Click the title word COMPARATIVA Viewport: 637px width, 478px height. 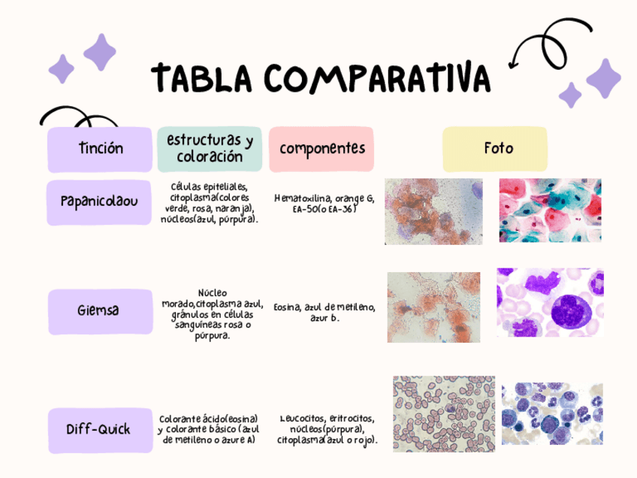coord(377,77)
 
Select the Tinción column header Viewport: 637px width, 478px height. coord(100,149)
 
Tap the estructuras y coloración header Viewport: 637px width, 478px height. coord(210,149)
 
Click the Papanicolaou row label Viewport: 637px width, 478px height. coord(99,201)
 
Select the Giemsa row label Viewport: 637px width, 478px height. coord(99,310)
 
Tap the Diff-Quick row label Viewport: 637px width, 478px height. coord(99,429)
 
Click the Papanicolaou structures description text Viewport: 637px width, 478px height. coord(210,202)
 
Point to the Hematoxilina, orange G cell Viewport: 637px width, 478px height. coord(324,203)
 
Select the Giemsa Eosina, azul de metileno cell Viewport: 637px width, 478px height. coord(324,312)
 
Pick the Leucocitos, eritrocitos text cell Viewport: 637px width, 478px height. coord(327,428)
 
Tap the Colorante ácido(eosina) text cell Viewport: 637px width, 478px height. coord(209,428)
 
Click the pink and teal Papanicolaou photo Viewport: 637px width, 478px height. coord(550,210)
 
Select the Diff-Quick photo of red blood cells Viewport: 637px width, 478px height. coord(443,413)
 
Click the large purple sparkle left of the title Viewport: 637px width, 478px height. coord(100,52)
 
